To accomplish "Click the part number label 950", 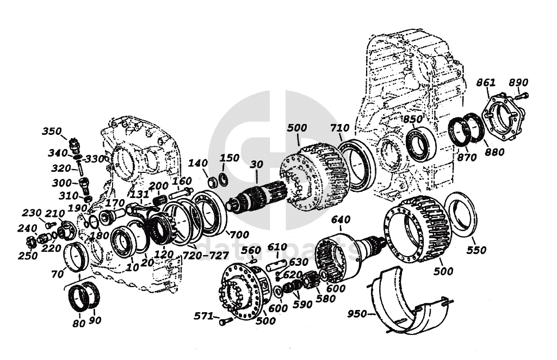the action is (357, 314).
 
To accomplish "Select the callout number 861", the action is (486, 83).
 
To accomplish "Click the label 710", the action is (339, 128).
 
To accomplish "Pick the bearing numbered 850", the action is (420, 142).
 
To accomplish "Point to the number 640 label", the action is (341, 220).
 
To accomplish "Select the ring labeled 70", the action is (76, 257).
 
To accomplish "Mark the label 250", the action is (28, 255).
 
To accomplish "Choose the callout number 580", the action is (325, 299).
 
